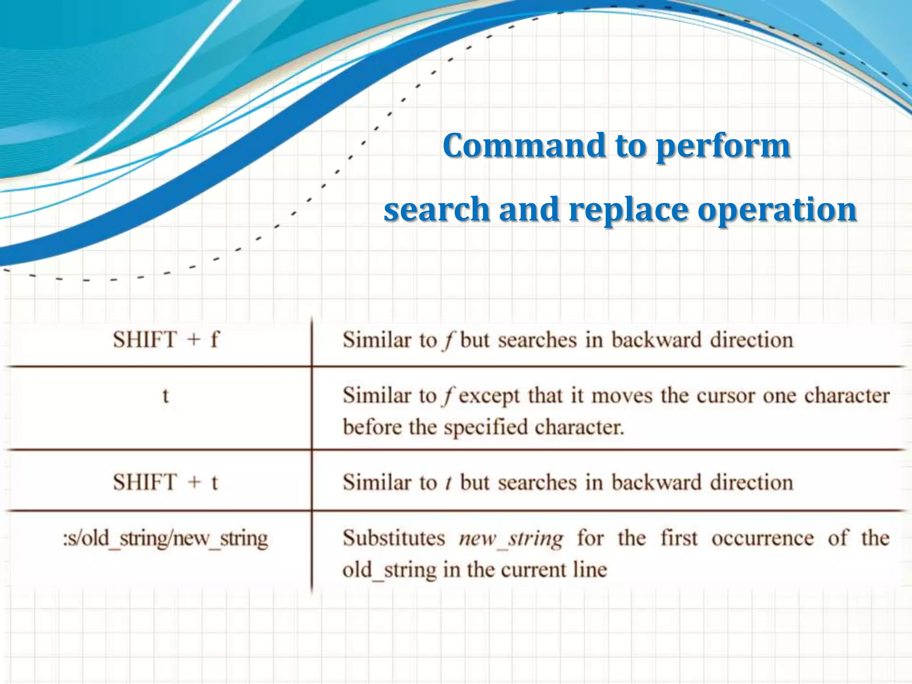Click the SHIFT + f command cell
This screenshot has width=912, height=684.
(x=166, y=340)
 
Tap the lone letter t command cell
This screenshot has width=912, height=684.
(x=166, y=395)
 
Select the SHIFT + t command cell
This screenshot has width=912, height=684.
(x=166, y=483)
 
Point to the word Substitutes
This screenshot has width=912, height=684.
(x=394, y=538)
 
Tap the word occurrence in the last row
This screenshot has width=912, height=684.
(x=762, y=538)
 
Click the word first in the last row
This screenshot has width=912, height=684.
(x=679, y=538)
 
